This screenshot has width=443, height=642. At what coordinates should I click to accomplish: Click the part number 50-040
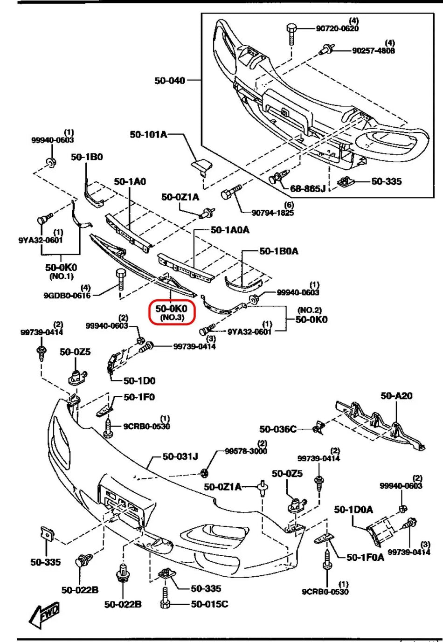tap(170, 81)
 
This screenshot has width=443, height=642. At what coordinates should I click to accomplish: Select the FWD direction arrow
tap(44, 614)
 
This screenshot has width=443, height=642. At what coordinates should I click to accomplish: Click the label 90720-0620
tap(337, 28)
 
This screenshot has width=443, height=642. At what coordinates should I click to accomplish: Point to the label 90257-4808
tap(373, 50)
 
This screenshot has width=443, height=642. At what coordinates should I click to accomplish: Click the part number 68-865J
tap(308, 188)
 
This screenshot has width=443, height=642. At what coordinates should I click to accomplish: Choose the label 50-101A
tap(148, 134)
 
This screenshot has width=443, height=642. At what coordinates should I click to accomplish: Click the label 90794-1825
tap(273, 213)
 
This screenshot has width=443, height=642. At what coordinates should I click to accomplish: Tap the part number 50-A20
tap(396, 395)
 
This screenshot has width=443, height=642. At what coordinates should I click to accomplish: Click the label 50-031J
tap(180, 456)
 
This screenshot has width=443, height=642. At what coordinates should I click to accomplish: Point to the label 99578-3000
tap(246, 451)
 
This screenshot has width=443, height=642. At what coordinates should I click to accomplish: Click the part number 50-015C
tap(209, 604)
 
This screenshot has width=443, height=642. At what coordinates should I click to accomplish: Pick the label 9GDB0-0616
tap(67, 295)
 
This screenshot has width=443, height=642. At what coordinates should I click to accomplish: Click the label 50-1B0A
tap(279, 251)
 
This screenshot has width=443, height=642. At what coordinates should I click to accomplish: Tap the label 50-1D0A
tap(353, 510)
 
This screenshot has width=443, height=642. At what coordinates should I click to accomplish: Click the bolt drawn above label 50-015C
tap(165, 597)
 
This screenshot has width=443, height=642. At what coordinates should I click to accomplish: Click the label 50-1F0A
tap(365, 557)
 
